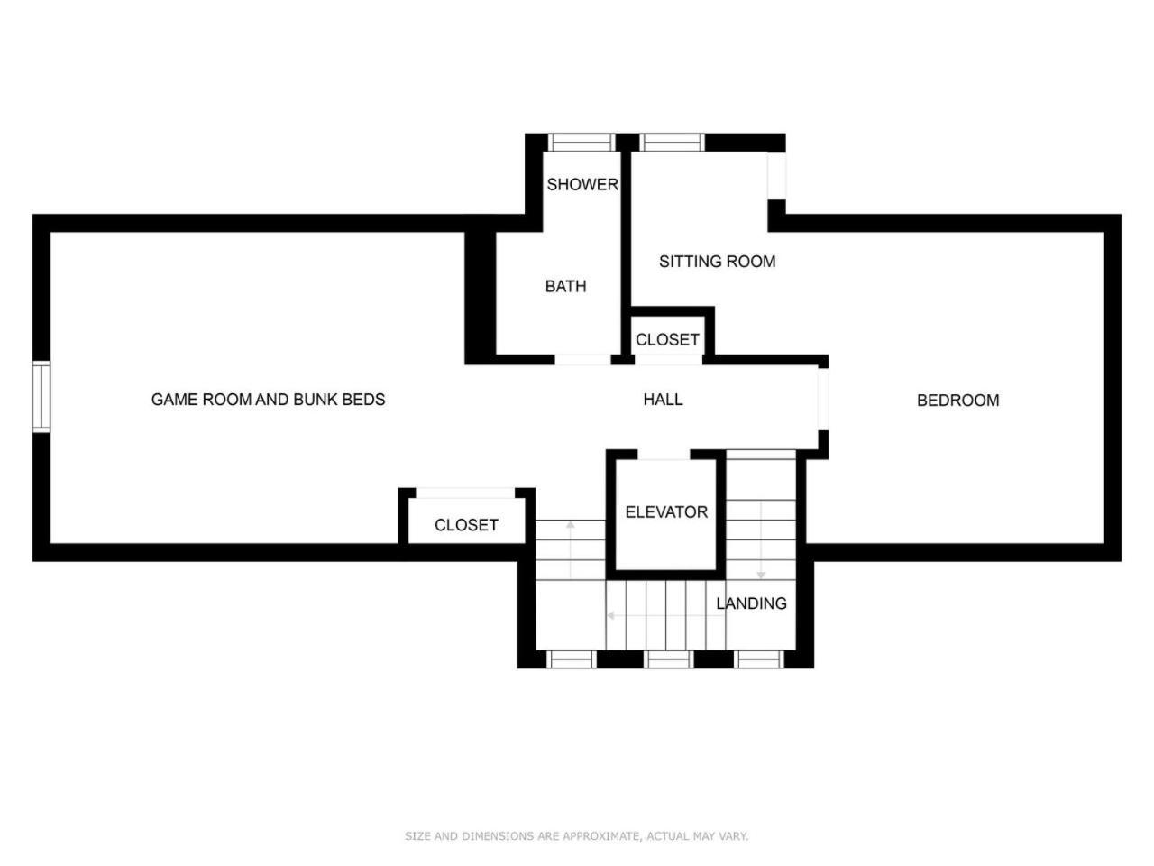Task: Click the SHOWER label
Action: tap(582, 185)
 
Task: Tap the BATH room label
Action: tap(565, 286)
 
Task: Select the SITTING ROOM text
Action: tap(717, 262)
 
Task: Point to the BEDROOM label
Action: tap(957, 401)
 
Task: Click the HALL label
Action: tap(663, 400)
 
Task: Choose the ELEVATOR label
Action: tap(666, 511)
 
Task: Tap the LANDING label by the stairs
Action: tap(751, 603)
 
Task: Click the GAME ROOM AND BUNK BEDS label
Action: tap(268, 400)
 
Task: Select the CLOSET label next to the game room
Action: tap(466, 525)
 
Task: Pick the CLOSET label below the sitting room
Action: tap(667, 340)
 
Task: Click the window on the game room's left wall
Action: tap(41, 397)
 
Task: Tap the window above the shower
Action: tap(582, 143)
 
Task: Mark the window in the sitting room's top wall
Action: tap(672, 143)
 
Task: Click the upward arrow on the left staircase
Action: tap(571, 550)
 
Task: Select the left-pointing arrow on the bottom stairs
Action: tap(666, 615)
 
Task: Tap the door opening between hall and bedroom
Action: tap(823, 399)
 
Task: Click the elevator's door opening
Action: tap(664, 455)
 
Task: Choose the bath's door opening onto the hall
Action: tap(582, 360)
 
